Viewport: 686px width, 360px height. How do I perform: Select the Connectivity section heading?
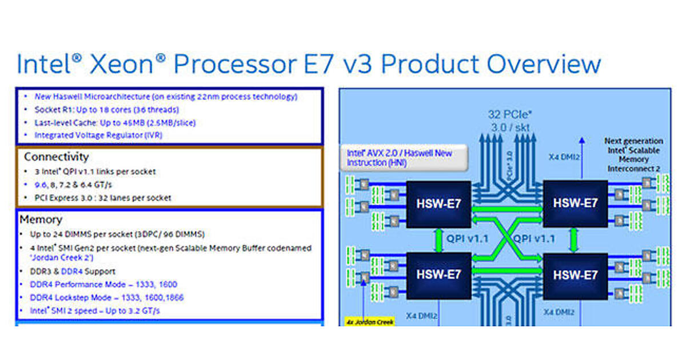pos(56,157)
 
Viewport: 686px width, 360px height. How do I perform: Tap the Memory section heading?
pos(41,219)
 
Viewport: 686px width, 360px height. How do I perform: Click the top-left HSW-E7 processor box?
pos(438,203)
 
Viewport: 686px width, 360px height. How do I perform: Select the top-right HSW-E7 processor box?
pos(575,203)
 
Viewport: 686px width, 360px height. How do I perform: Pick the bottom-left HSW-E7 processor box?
pos(438,275)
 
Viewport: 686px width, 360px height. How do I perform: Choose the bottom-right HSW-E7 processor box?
pos(575,275)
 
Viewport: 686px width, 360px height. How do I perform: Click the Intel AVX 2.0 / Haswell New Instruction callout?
pos(400,158)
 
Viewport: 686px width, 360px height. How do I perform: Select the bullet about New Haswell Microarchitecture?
pos(166,97)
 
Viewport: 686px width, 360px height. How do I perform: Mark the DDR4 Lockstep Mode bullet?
pos(106,298)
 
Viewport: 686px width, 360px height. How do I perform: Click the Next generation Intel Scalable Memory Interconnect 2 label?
pos(633,154)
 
